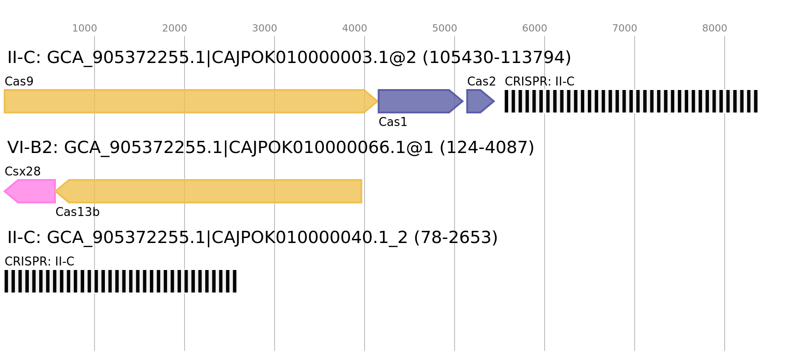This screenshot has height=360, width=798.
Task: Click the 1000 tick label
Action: tap(85, 28)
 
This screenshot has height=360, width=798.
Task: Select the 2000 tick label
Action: tap(175, 28)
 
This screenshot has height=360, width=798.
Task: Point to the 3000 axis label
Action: tap(265, 28)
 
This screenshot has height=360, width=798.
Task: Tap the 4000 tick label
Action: tap(355, 28)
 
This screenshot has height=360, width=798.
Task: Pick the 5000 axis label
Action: tap(445, 28)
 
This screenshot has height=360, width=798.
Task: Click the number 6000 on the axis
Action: tap(535, 28)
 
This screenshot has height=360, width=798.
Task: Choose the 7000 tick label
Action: tap(625, 28)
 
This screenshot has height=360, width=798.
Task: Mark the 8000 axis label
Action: tap(715, 28)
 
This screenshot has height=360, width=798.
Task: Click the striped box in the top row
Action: tap(631, 101)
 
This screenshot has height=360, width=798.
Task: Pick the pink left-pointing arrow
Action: tap(32, 191)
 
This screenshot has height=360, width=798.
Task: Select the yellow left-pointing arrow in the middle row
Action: tap(212, 191)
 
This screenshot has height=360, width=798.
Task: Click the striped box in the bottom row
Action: tap(121, 281)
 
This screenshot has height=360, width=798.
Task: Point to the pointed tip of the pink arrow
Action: tap(5, 191)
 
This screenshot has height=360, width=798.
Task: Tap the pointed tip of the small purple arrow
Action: tap(494, 101)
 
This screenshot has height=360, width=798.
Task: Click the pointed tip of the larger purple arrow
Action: tap(463, 101)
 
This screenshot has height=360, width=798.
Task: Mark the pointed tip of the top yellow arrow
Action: tap(377, 101)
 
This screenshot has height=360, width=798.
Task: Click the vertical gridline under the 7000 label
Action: tap(635, 225)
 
